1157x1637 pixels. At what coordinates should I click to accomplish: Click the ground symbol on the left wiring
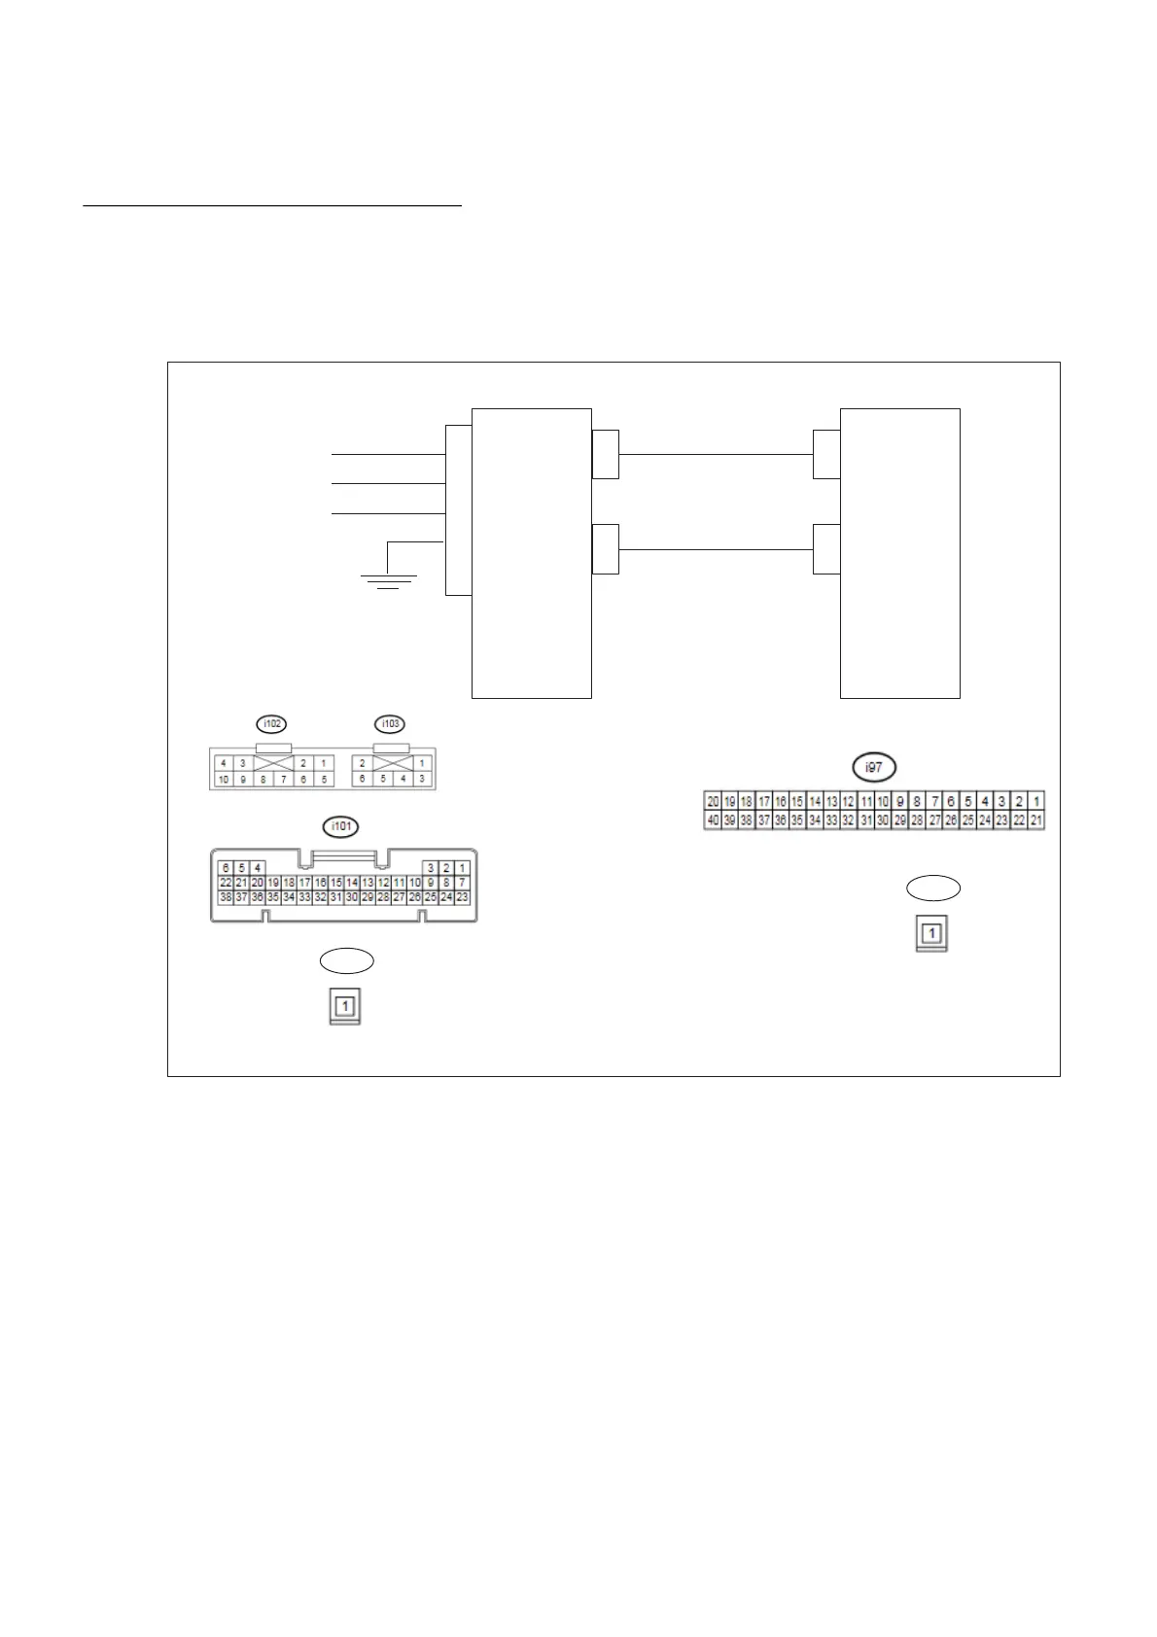coord(389,580)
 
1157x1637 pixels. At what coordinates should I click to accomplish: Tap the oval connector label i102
coord(272,724)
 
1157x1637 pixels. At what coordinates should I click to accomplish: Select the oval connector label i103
coord(391,724)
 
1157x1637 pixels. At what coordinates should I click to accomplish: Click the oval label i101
coord(340,827)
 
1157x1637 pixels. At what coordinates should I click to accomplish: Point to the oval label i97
coord(874,768)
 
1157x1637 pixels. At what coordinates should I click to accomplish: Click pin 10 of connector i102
coord(224,780)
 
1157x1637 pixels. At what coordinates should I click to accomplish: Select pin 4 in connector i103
coord(403,780)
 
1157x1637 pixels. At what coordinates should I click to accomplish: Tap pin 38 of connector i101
coord(226,897)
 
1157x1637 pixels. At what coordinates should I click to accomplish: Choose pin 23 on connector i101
coord(462,897)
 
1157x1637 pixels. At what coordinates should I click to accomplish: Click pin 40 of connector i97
coord(713,820)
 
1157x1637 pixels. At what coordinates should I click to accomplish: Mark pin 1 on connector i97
coord(1036,802)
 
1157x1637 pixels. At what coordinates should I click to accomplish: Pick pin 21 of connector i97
coord(1036,820)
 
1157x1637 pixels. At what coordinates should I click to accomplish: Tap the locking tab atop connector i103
coord(391,749)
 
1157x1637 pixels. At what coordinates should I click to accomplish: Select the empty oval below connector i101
coord(347,960)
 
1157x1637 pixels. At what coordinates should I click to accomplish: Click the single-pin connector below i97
coord(931,934)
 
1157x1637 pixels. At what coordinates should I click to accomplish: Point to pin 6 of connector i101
coord(226,868)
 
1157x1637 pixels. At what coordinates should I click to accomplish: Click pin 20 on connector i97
coord(713,802)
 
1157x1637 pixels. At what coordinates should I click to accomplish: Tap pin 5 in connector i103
coord(383,780)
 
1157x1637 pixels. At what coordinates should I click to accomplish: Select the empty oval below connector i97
coord(933,888)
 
